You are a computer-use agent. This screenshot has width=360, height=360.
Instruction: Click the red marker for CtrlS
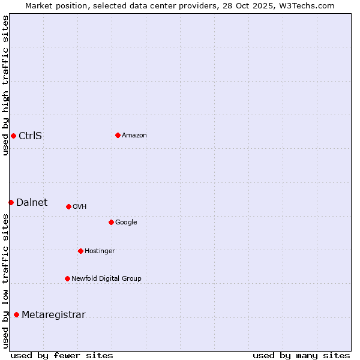point(13,136)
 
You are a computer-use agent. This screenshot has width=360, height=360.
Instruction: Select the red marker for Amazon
point(118,135)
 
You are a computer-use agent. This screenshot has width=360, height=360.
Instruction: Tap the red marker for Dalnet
point(11,202)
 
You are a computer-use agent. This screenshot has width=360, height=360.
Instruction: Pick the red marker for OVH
point(68,206)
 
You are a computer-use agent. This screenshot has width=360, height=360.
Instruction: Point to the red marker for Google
point(111,222)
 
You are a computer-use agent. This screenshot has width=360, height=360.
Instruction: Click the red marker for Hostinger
point(80,251)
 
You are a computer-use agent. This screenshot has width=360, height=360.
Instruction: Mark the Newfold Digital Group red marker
point(67,278)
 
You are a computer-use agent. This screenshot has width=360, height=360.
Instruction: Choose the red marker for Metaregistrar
point(16,315)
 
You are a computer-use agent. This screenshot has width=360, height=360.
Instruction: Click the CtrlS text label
point(30,136)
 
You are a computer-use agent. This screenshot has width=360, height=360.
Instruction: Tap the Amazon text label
point(134,135)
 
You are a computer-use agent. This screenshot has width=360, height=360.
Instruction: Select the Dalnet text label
point(32,202)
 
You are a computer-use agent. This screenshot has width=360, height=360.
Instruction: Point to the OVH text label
point(79,206)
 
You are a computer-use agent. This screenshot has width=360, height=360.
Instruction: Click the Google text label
point(126,222)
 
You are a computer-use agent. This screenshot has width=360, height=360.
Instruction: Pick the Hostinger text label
point(100,251)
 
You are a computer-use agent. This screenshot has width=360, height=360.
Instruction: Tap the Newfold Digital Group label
point(106,278)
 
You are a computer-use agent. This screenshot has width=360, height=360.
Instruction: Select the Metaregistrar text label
point(53,315)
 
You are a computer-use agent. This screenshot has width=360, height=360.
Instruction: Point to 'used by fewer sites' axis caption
point(62,355)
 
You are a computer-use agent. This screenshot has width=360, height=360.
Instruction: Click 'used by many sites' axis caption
point(301,355)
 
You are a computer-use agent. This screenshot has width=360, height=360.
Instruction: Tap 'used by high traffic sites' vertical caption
point(5,85)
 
